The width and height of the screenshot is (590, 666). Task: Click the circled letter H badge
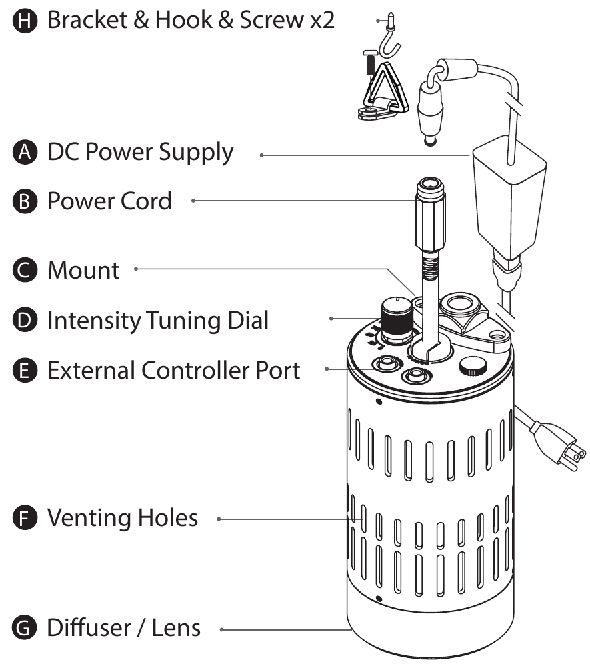(25, 20)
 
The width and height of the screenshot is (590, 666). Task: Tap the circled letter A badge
(25, 153)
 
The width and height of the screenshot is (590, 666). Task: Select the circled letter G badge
(25, 627)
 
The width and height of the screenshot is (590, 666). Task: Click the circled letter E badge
(25, 370)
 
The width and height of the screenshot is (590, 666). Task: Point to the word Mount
(83, 270)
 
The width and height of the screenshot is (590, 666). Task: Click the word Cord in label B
(146, 201)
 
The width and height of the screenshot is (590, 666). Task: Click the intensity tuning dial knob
(396, 321)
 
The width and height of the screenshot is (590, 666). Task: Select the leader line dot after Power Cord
(193, 200)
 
